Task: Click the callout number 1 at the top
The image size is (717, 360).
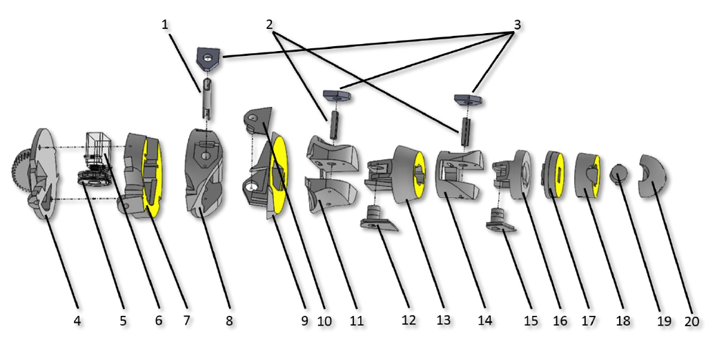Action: tap(165, 24)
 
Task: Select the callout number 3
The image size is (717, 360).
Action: tap(517, 25)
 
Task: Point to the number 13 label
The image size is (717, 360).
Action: tap(443, 321)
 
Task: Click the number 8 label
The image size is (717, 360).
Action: tap(229, 321)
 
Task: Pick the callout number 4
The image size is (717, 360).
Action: tap(77, 321)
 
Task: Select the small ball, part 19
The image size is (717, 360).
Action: tap(619, 173)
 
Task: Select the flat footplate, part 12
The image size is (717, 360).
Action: tap(379, 222)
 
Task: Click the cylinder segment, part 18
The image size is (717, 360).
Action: tap(588, 174)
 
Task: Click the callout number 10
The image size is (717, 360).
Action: tap(324, 321)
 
